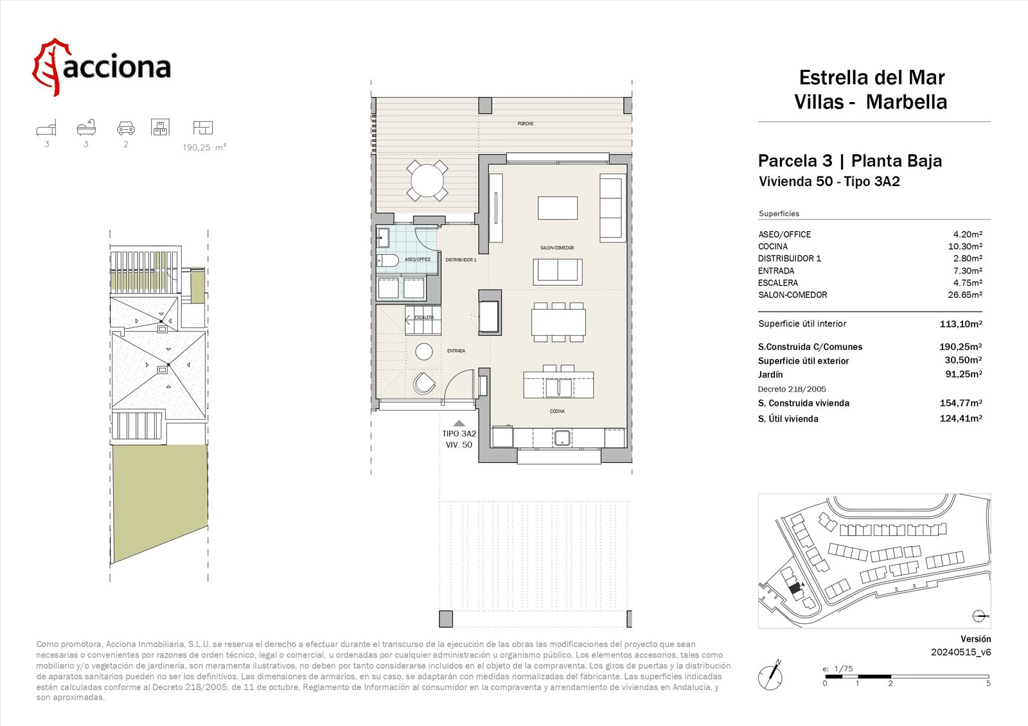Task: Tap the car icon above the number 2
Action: click(126, 128)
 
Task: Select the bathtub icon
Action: click(86, 128)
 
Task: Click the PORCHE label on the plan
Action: click(525, 124)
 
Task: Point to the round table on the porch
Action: click(427, 180)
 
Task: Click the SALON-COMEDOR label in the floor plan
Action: click(557, 248)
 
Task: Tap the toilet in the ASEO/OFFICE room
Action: click(388, 261)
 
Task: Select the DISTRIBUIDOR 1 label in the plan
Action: click(461, 260)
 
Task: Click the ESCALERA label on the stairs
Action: click(424, 317)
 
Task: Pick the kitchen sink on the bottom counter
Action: click(562, 438)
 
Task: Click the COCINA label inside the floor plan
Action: click(557, 411)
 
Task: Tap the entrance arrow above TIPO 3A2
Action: click(459, 424)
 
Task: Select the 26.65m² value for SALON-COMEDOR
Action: click(965, 295)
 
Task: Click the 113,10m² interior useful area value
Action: click(961, 324)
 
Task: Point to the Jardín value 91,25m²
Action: click(964, 374)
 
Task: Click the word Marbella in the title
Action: click(907, 102)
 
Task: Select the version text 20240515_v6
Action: click(961, 652)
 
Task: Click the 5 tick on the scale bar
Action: click(988, 684)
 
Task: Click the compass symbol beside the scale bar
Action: click(771, 675)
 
